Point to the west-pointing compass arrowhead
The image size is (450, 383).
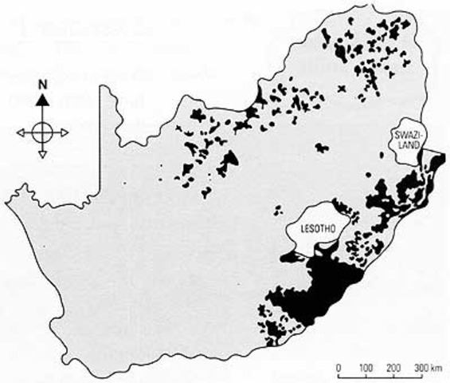click(x=22, y=130)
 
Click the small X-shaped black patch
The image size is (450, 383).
click(x=343, y=89)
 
